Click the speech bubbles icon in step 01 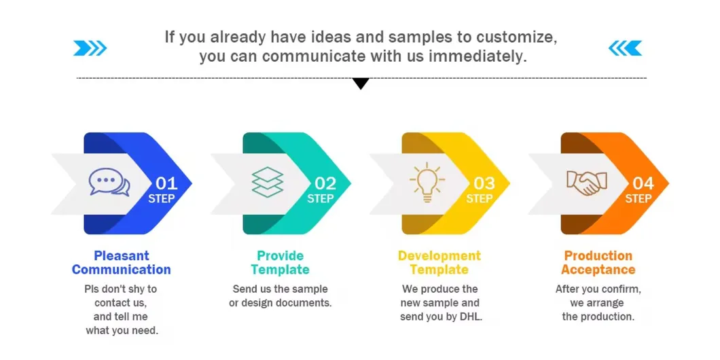point(109,182)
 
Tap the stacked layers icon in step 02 point(268,182)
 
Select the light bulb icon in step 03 point(427,182)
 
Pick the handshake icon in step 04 point(587,183)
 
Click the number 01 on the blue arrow point(166,183)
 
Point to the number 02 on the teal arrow point(325,183)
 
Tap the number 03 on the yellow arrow point(484,183)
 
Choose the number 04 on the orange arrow point(643,183)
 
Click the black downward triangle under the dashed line point(361,84)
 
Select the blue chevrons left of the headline point(90,48)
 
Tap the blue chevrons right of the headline point(625,48)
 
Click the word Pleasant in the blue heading point(122,256)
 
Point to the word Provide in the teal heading point(280,256)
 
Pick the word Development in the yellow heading point(439,256)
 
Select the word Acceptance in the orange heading point(598,270)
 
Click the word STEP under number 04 point(638,199)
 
